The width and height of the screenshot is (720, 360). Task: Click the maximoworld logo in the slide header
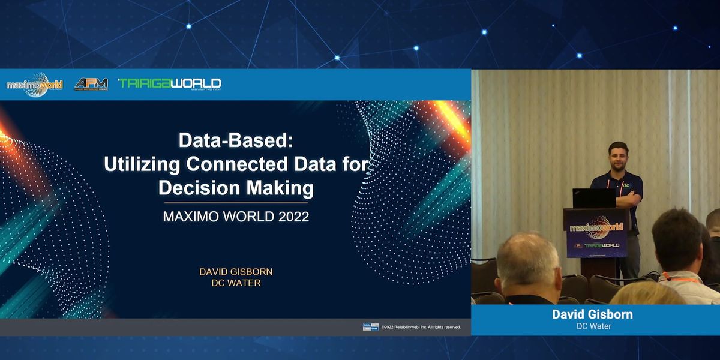[x=34, y=85]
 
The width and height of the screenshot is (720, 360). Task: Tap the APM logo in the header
[x=91, y=85]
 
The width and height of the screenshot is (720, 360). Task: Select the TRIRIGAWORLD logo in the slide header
[x=170, y=84]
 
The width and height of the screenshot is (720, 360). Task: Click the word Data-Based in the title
[x=235, y=141]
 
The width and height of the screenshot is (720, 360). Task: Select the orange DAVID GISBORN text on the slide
[x=236, y=272]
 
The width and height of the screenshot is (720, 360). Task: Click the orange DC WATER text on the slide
[x=236, y=283]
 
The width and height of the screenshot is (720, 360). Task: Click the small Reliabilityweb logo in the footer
[x=370, y=327]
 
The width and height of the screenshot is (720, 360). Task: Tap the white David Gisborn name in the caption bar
[x=592, y=314]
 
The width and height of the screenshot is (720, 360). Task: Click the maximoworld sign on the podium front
[x=596, y=227]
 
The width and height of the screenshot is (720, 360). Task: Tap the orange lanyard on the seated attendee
[x=681, y=278]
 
